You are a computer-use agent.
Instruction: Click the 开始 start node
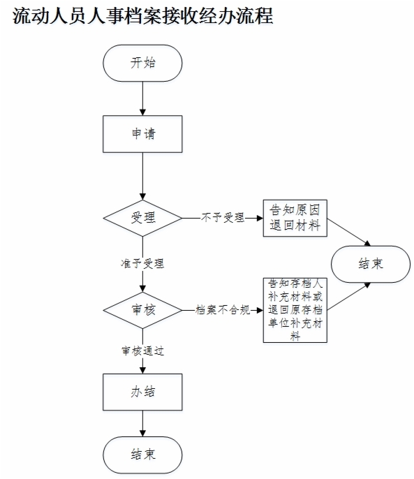tap(142, 64)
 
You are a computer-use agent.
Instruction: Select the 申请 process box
tap(142, 134)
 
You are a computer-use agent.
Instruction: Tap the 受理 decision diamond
tap(142, 218)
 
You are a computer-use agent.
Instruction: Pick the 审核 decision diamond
tap(142, 310)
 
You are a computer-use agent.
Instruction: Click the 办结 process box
tap(142, 392)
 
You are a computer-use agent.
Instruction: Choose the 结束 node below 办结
tap(142, 455)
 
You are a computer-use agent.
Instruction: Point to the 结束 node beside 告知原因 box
tap(371, 264)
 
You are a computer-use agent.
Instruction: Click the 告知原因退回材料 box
tap(295, 218)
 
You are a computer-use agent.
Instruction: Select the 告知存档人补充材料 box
tap(295, 310)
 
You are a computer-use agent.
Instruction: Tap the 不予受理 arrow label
tap(223, 218)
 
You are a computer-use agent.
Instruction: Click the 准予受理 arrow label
tap(142, 263)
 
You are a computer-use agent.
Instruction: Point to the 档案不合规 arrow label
tap(223, 310)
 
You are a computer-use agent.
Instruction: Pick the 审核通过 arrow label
tap(142, 351)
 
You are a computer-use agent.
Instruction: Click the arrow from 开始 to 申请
tap(142, 98)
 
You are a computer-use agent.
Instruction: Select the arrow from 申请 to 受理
tap(142, 176)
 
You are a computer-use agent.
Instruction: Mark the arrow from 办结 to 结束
tap(142, 423)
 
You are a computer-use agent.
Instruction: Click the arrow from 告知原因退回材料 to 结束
tap(349, 232)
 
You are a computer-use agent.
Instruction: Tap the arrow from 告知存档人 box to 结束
tap(349, 296)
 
